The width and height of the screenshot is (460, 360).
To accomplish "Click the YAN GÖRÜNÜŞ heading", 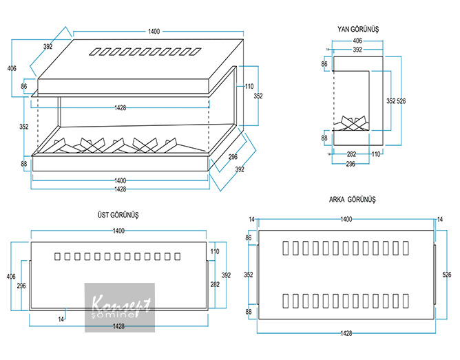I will click(x=359, y=30).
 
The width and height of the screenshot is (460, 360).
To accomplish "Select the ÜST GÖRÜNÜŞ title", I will click(x=120, y=215).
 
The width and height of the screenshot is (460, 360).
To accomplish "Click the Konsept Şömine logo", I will click(x=120, y=306).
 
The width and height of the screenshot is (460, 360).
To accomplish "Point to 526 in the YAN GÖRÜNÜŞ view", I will click(x=402, y=101).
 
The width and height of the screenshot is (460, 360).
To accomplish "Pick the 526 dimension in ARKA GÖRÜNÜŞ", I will click(x=448, y=274).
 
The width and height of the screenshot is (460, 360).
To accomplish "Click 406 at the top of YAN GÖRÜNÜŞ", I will click(x=357, y=41).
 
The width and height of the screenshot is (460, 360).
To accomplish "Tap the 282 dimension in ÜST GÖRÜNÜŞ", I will click(x=215, y=283).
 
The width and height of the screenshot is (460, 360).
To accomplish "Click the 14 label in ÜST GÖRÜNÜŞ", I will click(x=61, y=319).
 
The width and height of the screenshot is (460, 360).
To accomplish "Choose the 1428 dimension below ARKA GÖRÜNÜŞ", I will click(x=346, y=333).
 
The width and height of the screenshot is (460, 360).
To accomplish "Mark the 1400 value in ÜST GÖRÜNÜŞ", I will click(x=119, y=231).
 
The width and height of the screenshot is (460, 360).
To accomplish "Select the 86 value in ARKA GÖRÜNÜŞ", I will click(x=249, y=237).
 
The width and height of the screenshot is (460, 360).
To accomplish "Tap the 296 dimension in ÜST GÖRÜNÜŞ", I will click(x=21, y=285).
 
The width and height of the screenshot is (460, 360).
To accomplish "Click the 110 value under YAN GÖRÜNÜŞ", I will click(x=376, y=154).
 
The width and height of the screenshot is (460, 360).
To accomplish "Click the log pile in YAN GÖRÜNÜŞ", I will click(x=354, y=124).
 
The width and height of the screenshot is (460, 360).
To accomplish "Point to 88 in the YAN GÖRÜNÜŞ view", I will click(x=324, y=138).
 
